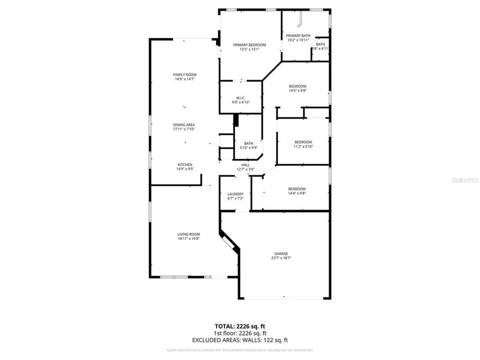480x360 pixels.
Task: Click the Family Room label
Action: pyautogui.click(x=184, y=74)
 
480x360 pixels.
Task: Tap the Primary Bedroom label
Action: pyautogui.click(x=249, y=45)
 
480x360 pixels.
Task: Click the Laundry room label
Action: pyautogui.click(x=235, y=194)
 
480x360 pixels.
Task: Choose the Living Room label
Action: pyautogui.click(x=188, y=234)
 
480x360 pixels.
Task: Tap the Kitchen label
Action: pyautogui.click(x=184, y=164)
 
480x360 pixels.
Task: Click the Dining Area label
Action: pyautogui.click(x=184, y=124)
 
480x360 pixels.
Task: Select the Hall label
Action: pyautogui.click(x=245, y=165)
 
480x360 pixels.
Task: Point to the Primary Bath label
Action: pyautogui.click(x=298, y=35)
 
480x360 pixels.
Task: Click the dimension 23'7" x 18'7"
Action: pyautogui.click(x=281, y=258)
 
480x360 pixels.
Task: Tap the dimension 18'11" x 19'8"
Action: pyautogui.click(x=188, y=238)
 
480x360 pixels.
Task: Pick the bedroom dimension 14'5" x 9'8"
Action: pyautogui.click(x=297, y=90)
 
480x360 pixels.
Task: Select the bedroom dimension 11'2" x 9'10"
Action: pyautogui.click(x=303, y=146)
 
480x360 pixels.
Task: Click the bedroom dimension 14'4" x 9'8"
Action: pyautogui.click(x=296, y=193)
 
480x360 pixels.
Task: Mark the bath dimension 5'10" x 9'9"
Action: pyautogui.click(x=248, y=147)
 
